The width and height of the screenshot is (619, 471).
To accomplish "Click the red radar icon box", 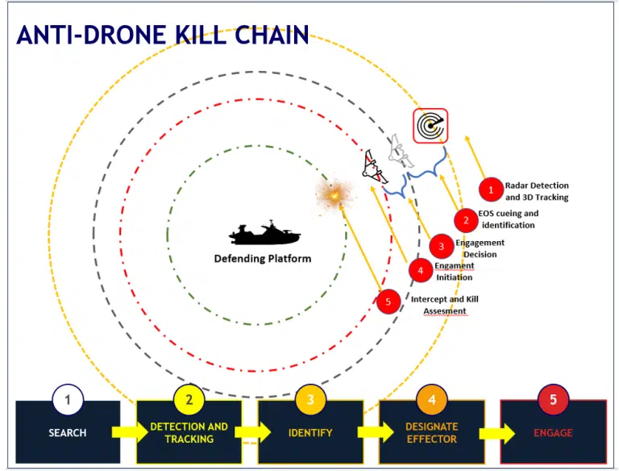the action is (430, 126).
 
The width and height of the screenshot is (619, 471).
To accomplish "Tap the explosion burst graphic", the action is (335, 194).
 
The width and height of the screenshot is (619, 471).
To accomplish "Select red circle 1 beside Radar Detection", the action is (491, 190).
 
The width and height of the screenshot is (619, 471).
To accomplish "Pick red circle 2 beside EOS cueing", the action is (466, 220).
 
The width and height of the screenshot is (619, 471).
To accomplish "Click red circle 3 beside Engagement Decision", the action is (442, 246).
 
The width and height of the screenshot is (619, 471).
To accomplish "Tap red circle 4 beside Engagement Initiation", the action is (421, 271).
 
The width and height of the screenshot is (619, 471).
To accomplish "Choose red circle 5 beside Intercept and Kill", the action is (388, 302).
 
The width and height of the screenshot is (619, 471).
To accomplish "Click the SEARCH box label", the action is (68, 432).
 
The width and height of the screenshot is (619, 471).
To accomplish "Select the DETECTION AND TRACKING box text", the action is (189, 432).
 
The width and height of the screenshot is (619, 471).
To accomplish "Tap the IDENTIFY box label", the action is (310, 433).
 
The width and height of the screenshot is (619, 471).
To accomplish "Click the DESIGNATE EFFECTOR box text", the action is (432, 432).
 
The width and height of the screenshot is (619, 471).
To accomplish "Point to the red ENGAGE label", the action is (553, 433).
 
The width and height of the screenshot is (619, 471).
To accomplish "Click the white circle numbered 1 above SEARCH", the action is (68, 400).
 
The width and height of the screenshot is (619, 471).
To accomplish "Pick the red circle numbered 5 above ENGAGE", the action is (554, 399).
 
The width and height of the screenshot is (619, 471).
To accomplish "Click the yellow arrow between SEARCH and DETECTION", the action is (129, 431).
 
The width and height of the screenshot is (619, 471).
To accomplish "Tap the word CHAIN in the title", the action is (272, 35).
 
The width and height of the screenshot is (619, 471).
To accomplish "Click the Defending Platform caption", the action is (263, 258).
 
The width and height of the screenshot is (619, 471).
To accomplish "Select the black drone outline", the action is (374, 167).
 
